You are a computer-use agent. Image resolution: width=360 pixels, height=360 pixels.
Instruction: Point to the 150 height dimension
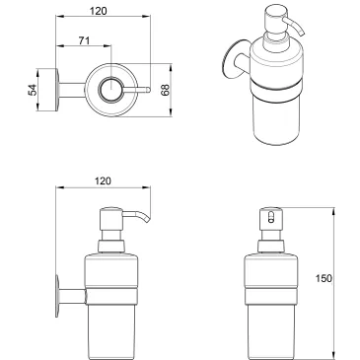click(x=339, y=278)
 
